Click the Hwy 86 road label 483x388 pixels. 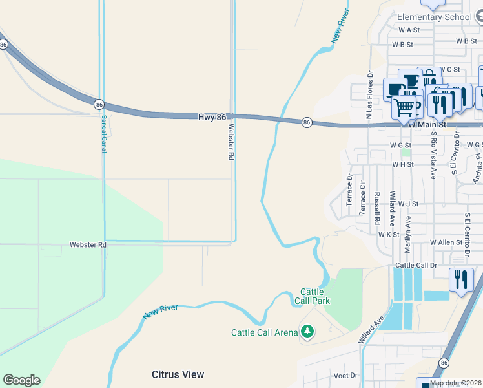pos(212,116)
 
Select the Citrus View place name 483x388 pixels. pos(178,374)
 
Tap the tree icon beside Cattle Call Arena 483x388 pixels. pos(307,332)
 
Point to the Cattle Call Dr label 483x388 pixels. pos(416,266)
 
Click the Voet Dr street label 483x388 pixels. pos(345,376)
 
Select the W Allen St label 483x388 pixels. pos(446,242)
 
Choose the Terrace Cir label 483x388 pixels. pos(362,194)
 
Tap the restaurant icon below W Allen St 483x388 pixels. pos(461,280)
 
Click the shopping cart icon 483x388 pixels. pos(404,107)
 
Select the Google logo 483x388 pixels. pos(21,380)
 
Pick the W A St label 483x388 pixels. pos(409,30)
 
